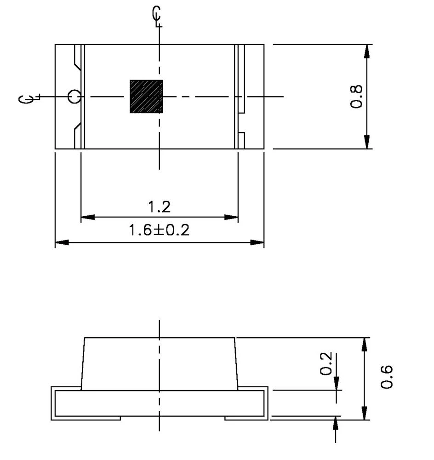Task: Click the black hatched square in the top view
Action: (146, 97)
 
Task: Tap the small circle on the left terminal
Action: (74, 97)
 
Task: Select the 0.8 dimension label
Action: (357, 97)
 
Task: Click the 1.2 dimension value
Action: (159, 207)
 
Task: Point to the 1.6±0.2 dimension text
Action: (159, 230)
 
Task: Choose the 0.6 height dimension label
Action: (387, 377)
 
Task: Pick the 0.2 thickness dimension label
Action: (326, 364)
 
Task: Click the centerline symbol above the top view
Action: (157, 16)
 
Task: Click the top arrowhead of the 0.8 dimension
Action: (366, 51)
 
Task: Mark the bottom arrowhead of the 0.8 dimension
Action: (366, 142)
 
